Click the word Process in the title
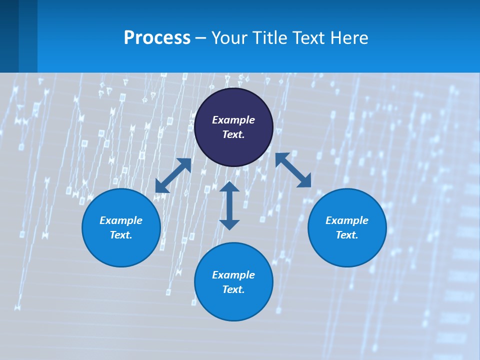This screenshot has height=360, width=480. coord(157,38)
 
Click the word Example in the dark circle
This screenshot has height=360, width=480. coord(233,120)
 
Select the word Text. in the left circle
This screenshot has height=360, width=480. coord(121,235)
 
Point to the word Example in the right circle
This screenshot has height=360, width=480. coord(347,220)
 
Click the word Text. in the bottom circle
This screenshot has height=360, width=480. coord(233,289)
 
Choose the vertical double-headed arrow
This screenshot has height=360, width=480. coord(229,205)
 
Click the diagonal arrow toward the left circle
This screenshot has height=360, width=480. coord(173,175)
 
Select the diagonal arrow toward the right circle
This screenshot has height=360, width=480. coord(293,170)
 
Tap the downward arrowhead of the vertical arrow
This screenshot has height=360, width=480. coord(229,224)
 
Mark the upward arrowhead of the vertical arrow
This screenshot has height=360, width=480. coord(229,187)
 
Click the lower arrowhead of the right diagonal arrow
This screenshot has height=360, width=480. coord(304,181)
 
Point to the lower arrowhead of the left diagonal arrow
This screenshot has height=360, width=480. coord(161,186)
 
